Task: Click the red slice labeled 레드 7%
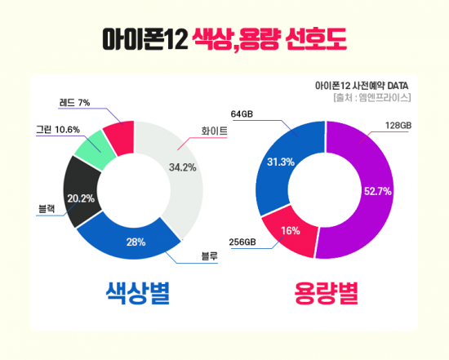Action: (x=120, y=138)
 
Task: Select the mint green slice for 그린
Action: (x=91, y=148)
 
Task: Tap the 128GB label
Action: (x=398, y=125)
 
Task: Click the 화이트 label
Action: (x=214, y=130)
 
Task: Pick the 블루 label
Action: (x=211, y=257)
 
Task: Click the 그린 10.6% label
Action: (x=57, y=129)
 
